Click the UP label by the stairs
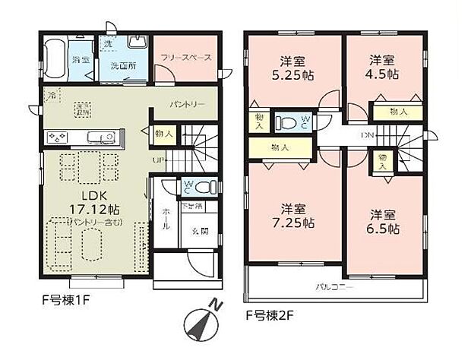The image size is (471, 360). pyautogui.click(x=157, y=160)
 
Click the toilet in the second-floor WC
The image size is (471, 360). pyautogui.click(x=289, y=121)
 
